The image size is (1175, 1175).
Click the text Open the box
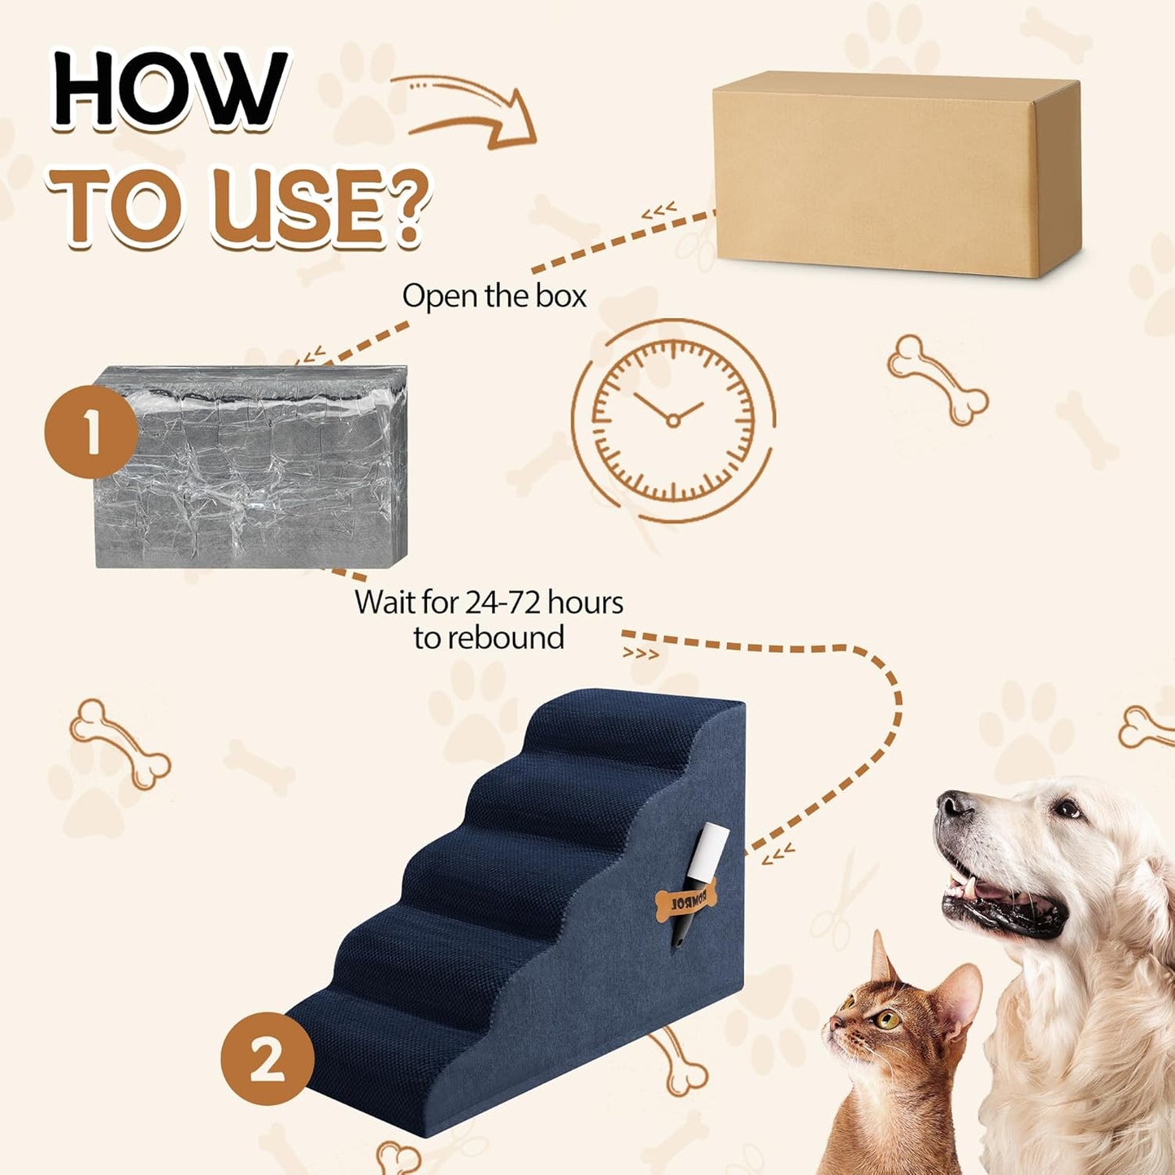coord(494,296)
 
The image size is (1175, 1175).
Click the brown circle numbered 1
coord(90,432)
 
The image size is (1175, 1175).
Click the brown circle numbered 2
coord(268,1058)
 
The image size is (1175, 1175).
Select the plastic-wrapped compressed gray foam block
coord(251,467)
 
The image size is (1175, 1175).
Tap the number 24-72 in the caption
coord(502,603)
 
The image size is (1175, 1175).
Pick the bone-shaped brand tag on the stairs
coord(685,901)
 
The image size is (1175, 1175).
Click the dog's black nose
coord(953,805)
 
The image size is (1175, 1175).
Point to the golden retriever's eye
coord(1066,808)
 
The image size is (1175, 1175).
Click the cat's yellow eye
coord(886,1018)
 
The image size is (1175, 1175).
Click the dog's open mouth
coord(1000,899)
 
